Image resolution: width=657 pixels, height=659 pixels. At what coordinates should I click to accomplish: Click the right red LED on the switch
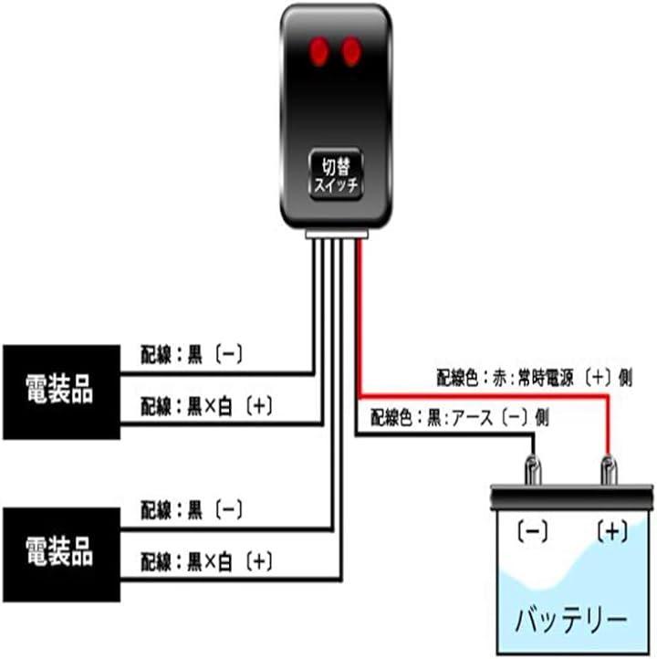pyautogui.click(x=350, y=51)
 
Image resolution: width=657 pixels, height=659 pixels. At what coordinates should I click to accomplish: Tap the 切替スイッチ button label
pyautogui.click(x=338, y=173)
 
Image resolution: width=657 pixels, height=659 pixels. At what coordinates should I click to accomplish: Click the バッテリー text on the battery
pyautogui.click(x=572, y=621)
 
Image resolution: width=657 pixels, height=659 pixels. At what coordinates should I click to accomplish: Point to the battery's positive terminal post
pyautogui.click(x=608, y=471)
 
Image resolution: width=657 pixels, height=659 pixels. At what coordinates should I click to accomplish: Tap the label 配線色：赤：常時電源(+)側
pyautogui.click(x=533, y=376)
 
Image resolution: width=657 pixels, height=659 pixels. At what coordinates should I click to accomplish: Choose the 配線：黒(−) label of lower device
pyautogui.click(x=192, y=508)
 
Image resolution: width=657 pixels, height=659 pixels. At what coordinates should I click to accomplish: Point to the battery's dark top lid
pyautogui.click(x=572, y=498)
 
